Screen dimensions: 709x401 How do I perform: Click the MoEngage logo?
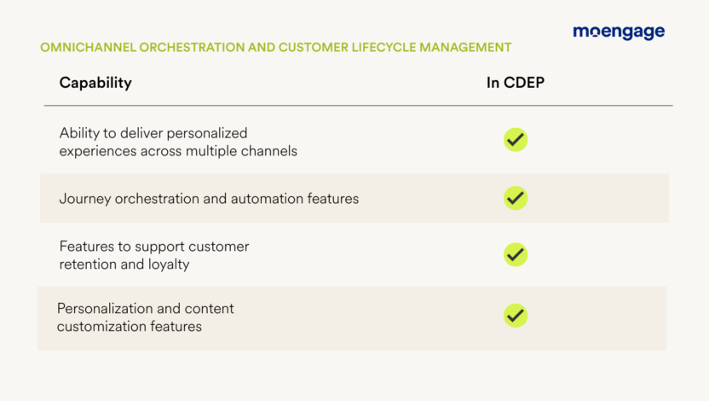[x=619, y=32]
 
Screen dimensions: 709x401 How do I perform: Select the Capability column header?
[x=95, y=83]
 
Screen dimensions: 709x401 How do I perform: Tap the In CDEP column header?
[x=516, y=83]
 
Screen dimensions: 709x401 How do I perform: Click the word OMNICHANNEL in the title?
[x=88, y=48]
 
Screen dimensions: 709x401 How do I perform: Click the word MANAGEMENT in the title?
[x=466, y=48]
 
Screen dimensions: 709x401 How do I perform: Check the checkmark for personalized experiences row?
[x=516, y=139]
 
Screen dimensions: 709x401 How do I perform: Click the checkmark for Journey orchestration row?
[x=516, y=198]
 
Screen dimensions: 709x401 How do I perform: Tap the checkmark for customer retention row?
[x=516, y=254]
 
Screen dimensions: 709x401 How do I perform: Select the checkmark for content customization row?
[x=516, y=316]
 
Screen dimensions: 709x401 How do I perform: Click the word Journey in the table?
[x=85, y=199]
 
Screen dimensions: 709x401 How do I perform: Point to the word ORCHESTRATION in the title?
[x=192, y=48]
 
